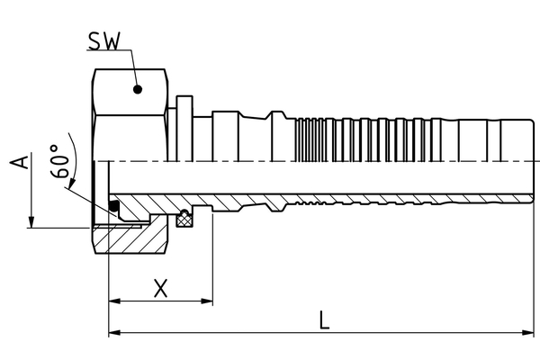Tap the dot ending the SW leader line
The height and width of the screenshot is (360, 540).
(138, 88)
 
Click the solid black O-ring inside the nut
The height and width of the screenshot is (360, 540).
(114, 209)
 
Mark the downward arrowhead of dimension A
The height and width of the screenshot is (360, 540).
(32, 222)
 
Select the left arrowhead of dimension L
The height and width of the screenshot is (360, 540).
(113, 334)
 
